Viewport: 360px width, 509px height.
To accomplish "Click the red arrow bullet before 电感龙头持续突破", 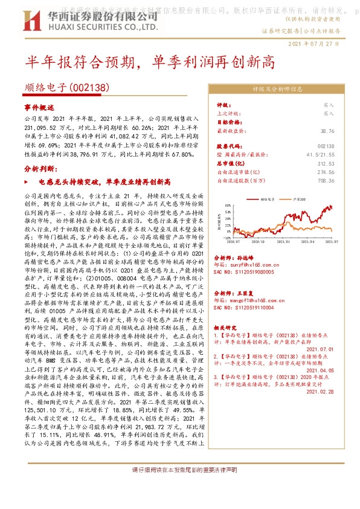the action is point(27,181).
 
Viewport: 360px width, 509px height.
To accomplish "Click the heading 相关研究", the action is point(227,326).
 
